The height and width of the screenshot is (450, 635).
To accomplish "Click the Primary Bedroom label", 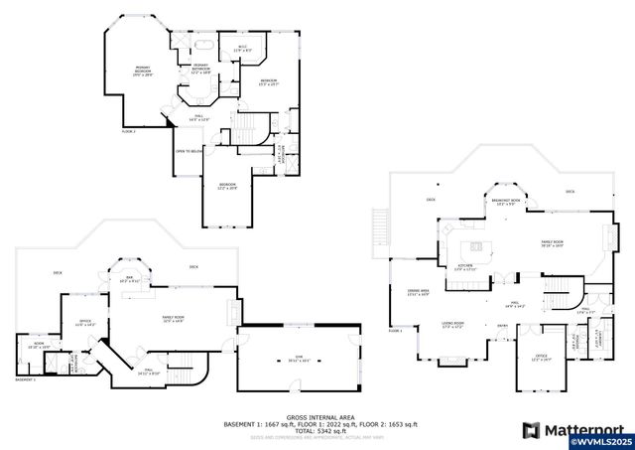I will coord(143,72).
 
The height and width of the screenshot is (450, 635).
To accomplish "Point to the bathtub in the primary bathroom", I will coord(204,45).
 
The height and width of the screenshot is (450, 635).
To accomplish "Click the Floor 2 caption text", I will coord(128,130).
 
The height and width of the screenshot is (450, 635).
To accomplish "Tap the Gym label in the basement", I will coord(297,361).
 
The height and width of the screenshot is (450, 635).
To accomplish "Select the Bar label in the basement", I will coord(128,280).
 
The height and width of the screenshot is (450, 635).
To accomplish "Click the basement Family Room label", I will coord(179,320).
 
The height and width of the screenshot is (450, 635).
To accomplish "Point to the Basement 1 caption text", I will coord(25,379).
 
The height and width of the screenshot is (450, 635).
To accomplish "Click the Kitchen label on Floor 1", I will coord(464,267).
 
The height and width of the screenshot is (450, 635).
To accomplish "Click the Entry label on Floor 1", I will coord(502,326).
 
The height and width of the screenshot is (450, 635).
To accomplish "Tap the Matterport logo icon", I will coord(531,430).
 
